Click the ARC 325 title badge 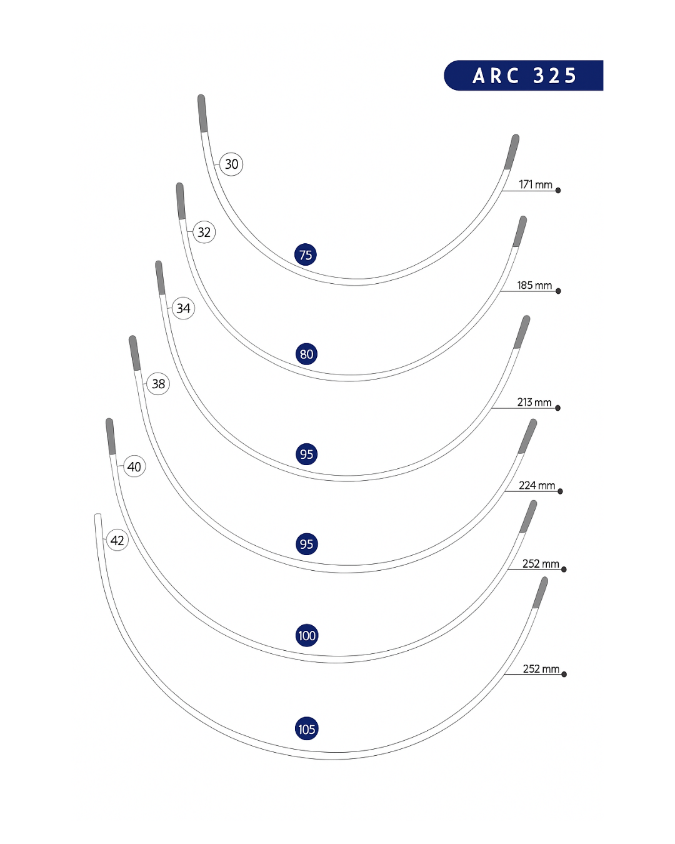tap(524, 76)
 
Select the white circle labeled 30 tap(231, 164)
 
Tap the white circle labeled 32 tap(204, 233)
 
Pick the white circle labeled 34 tap(183, 308)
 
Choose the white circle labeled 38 tap(158, 384)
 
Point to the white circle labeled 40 tap(134, 466)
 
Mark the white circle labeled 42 tap(117, 540)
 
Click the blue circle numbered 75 tap(306, 254)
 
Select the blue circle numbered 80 tap(306, 354)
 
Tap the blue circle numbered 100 tap(307, 636)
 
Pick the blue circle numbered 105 tap(306, 729)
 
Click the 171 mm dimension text tap(536, 184)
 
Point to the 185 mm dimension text tap(534, 285)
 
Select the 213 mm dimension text tap(534, 402)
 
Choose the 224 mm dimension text tap(537, 485)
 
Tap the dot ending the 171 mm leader tap(558, 190)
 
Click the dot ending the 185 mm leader tap(558, 291)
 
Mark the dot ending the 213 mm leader tap(557, 408)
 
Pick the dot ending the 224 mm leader tap(560, 491)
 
